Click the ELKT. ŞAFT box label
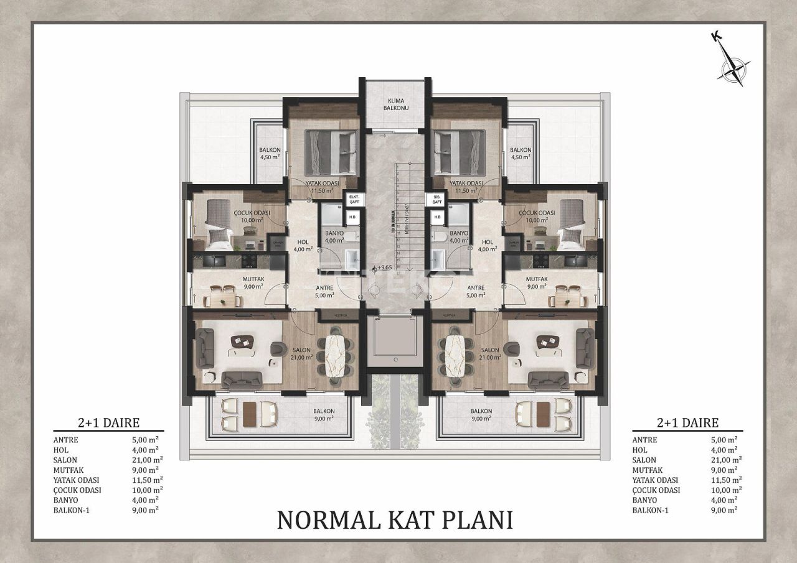coord(354,199)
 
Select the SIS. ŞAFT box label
coord(434,199)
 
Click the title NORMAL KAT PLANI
coord(395,519)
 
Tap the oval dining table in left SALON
coord(336,355)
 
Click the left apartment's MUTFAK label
coord(238,279)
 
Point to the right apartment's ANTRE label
coord(476,287)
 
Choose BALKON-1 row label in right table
coord(651,509)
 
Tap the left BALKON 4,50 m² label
coord(270,153)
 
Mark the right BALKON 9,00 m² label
coord(482,415)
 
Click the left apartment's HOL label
coord(303,243)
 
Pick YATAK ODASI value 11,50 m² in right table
coord(725,480)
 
